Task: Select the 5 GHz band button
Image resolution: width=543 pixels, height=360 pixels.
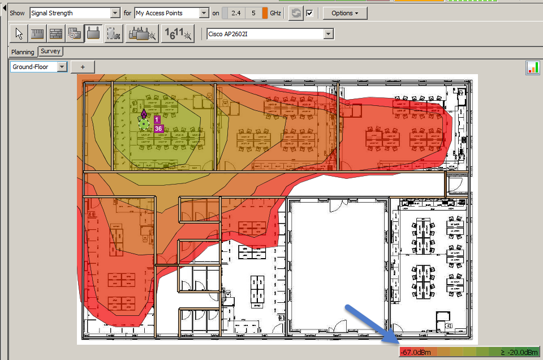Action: tap(253, 13)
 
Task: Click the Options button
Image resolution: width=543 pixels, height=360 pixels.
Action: tap(344, 13)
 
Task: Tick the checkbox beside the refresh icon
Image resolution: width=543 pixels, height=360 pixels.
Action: tap(309, 13)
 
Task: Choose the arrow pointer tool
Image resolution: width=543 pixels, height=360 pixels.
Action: tap(19, 34)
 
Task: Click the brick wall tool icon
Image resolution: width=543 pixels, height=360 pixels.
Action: tap(55, 34)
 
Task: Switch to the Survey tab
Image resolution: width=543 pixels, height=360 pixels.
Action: tap(50, 51)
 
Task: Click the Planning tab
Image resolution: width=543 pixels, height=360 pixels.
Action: tap(23, 52)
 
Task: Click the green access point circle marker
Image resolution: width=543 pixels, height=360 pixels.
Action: tap(144, 124)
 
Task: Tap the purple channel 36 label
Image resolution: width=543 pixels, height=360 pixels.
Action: tap(158, 129)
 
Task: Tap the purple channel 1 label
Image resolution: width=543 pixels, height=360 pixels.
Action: tap(157, 119)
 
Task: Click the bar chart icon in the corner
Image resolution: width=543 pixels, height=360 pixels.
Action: tap(532, 68)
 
